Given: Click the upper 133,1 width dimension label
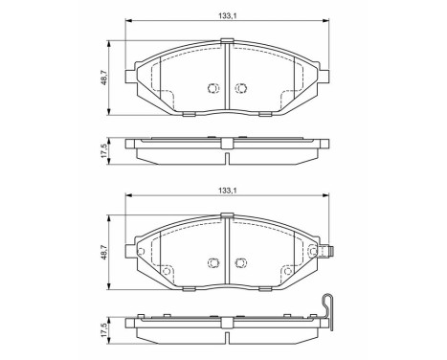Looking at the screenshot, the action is (227, 15).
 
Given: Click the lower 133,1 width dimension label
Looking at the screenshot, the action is (227, 190).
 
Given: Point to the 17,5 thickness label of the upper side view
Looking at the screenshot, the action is (104, 151).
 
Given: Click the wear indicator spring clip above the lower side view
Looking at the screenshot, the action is (328, 308).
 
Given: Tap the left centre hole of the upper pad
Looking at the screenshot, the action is (212, 87).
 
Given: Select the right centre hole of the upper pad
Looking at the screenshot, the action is (241, 87).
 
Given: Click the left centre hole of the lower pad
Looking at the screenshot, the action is (212, 262).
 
